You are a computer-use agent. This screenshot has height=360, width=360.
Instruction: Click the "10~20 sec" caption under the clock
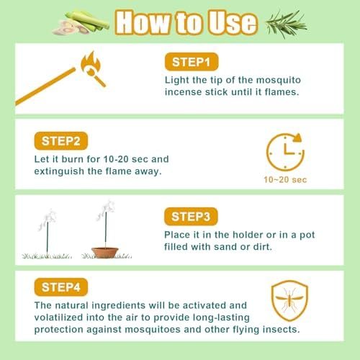tap(286, 180)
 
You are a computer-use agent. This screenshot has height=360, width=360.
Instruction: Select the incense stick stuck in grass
tap(50, 230)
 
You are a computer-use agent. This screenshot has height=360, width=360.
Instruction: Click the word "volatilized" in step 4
tap(43, 318)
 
